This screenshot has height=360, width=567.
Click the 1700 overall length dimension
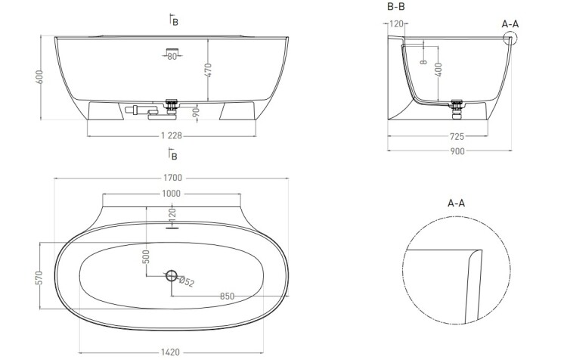[173, 178]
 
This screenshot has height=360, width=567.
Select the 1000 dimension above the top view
[171, 194]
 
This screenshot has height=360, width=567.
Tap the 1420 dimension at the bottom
[170, 352]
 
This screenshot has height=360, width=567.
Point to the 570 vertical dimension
[39, 278]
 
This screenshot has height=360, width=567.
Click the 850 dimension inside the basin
[227, 296]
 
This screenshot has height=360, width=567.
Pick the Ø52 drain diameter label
[187, 281]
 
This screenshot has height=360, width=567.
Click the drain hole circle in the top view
[172, 276]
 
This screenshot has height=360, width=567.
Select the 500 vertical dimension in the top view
[146, 257]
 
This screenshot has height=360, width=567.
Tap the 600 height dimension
[39, 77]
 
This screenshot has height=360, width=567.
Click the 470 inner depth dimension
[208, 70]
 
